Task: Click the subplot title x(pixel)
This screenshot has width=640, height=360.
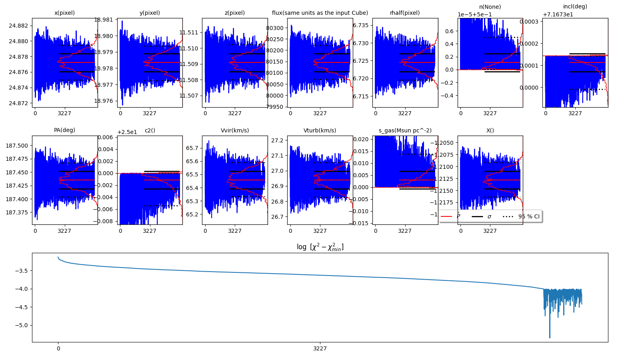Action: [64, 13]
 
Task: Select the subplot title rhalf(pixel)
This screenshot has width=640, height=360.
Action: [405, 13]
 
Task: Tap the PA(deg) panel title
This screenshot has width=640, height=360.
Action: [64, 130]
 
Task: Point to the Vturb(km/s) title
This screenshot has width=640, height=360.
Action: [320, 130]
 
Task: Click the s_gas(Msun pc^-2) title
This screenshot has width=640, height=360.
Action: [405, 130]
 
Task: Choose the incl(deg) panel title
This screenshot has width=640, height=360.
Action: [575, 6]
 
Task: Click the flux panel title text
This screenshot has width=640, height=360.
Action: [320, 13]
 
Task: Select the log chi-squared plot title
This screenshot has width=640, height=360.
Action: [320, 247]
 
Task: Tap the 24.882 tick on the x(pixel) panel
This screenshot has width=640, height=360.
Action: [18, 26]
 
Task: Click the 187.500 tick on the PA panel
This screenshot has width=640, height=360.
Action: [17, 146]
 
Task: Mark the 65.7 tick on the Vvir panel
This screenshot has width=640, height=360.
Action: [192, 148]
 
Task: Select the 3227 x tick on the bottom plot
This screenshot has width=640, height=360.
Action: [320, 348]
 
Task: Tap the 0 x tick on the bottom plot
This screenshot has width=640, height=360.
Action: [58, 348]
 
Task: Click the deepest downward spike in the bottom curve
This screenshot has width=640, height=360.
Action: [550, 337]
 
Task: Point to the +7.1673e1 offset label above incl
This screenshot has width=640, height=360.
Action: [558, 14]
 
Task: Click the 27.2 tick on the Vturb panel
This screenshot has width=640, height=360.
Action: [277, 140]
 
